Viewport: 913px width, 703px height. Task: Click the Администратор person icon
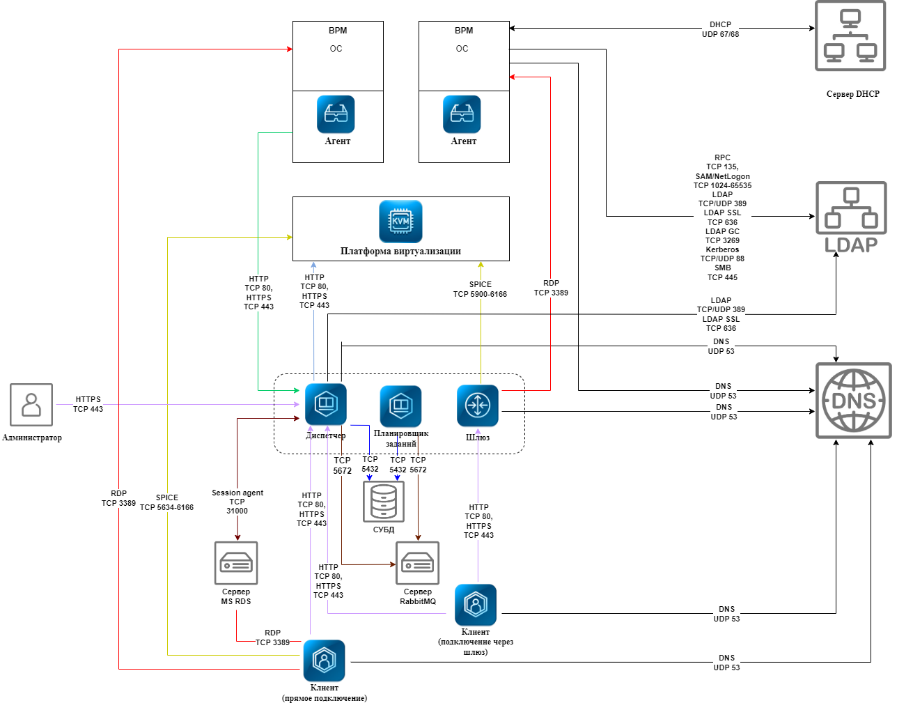31,404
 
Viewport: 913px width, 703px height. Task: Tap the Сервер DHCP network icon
850,36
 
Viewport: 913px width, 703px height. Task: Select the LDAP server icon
851,216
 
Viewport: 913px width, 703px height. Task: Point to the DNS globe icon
854,401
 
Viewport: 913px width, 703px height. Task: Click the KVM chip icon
400,222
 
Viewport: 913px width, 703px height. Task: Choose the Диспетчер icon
325,404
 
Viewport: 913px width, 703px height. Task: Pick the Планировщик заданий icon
400,405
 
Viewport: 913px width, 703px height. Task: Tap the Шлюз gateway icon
478,405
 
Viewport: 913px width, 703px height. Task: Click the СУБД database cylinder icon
384,502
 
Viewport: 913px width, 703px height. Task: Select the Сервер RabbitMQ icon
418,563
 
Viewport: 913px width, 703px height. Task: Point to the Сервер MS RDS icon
236,563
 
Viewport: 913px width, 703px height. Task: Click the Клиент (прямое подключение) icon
325,660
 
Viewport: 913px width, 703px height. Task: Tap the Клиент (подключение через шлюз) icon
476,605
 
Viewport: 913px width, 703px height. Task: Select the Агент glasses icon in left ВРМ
336,114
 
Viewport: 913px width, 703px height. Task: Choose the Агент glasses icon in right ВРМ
462,114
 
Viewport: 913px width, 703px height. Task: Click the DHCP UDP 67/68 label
720,29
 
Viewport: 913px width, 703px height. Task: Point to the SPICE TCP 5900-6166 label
480,289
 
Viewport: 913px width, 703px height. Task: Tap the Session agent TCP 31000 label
237,502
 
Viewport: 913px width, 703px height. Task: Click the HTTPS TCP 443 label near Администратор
88,404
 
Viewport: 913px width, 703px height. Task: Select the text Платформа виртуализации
400,251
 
